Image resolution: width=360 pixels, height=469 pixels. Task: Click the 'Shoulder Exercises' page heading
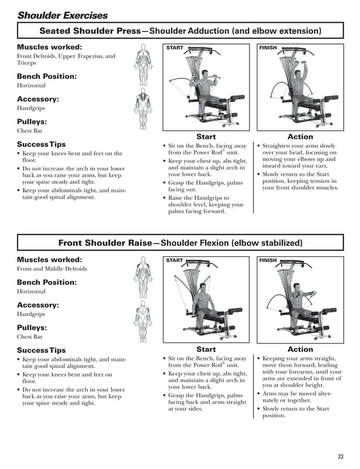pos(63,15)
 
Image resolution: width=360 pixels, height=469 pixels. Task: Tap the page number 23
pos(340,457)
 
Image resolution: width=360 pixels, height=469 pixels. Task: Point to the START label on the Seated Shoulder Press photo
pos(175,48)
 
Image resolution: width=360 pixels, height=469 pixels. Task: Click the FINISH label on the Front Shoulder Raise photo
pos(268,260)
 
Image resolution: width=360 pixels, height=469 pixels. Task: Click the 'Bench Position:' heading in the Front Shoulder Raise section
pos(47,282)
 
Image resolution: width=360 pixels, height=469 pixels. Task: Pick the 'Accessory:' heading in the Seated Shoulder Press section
pos(38,99)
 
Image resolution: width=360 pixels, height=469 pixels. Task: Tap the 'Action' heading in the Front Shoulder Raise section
pos(300,349)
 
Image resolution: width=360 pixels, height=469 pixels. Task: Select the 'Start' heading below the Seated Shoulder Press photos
pos(206,137)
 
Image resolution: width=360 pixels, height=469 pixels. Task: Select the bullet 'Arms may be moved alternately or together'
pos(299,397)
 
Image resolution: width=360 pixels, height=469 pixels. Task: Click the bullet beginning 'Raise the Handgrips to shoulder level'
pos(205,205)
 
